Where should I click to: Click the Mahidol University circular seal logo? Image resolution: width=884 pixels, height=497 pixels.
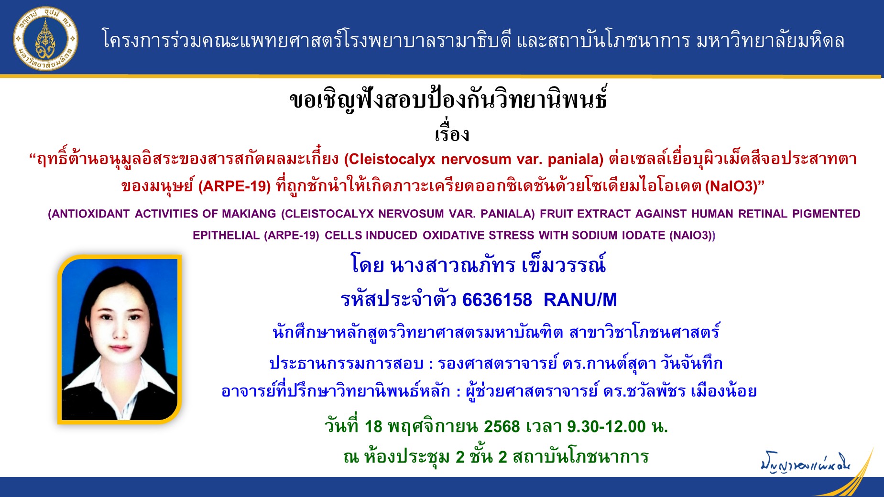tap(45, 39)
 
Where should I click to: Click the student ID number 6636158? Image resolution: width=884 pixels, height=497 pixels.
tap(497, 300)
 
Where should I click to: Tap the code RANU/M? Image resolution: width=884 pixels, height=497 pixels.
tap(580, 300)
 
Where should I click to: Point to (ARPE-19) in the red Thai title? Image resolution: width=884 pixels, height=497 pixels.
tap(235, 186)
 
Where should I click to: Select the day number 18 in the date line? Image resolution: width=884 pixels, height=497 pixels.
tap(373, 426)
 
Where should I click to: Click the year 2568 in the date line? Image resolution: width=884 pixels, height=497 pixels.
tap(502, 426)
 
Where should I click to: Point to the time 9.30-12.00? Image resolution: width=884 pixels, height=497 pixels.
tap(606, 426)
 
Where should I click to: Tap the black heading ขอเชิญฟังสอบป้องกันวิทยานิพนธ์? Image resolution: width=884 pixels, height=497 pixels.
tap(448, 99)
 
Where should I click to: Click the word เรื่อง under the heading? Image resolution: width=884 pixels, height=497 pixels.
tap(452, 133)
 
